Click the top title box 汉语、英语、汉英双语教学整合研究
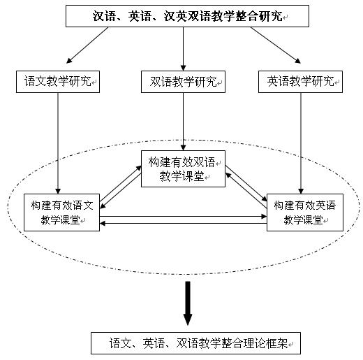tap(187, 16)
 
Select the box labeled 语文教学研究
tap(58, 82)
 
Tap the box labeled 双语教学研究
tap(183, 82)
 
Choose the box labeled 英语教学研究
tap(300, 82)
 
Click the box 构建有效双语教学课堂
tap(183, 168)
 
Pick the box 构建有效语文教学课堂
tap(62, 213)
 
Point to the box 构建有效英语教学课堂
tap(305, 213)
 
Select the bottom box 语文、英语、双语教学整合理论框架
tap(195, 343)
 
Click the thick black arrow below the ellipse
tap(188, 303)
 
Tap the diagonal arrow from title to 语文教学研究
tap(87, 45)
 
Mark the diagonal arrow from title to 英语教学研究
tap(276, 45)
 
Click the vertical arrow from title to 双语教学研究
tap(183, 49)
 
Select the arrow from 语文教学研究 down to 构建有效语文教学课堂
tap(58, 143)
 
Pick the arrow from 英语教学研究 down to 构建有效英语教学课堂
tap(301, 143)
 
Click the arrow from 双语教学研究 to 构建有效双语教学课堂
tap(183, 122)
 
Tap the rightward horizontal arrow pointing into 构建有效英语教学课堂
tap(183, 217)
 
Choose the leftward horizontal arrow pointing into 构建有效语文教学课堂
tap(183, 224)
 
